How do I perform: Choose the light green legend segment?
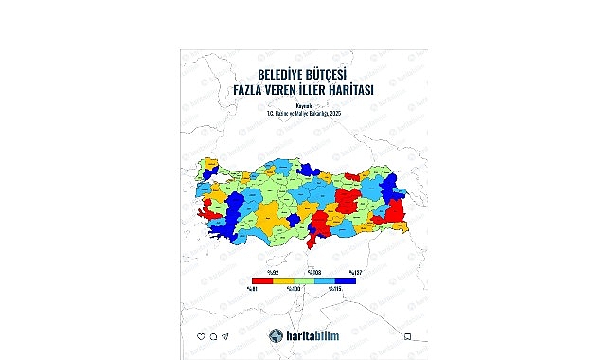[x=304, y=279]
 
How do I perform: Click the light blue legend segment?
[x=327, y=279]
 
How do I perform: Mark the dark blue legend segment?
[x=348, y=279]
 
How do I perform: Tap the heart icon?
[x=201, y=335]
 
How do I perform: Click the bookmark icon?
[x=407, y=335]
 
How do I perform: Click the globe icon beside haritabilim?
[x=276, y=334]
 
